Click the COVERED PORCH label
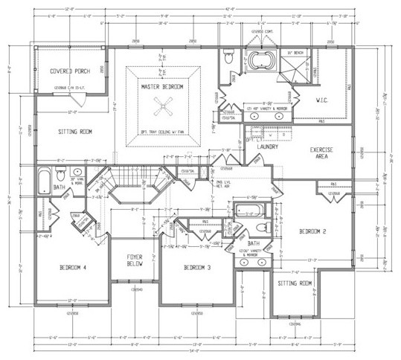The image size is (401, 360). pyautogui.click(x=70, y=71)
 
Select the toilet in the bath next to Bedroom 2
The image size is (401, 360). pyautogui.click(x=260, y=228)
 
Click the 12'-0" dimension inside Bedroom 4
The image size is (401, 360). pyautogui.click(x=73, y=300)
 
